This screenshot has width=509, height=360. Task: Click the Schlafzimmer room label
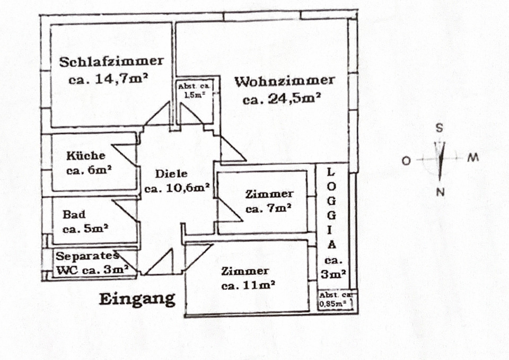click(111, 62)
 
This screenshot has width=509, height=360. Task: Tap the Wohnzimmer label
click(285, 81)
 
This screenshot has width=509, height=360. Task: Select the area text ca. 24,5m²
click(283, 99)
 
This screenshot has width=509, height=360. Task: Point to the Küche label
click(86, 156)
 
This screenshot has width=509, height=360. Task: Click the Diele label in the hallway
click(171, 173)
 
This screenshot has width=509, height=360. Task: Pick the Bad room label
click(74, 215)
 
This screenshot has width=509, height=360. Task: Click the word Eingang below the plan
click(137, 299)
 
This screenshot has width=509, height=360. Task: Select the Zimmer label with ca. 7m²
click(269, 194)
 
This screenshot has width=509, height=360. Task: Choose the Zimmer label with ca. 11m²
click(245, 271)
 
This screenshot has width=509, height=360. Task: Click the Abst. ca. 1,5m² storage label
click(195, 91)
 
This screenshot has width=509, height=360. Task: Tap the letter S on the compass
click(439, 128)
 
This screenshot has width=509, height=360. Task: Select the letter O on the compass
click(406, 161)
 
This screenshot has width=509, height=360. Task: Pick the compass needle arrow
click(440, 159)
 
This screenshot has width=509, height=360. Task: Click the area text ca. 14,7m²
click(108, 80)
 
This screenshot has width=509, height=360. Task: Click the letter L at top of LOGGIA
click(331, 172)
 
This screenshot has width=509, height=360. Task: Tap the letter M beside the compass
click(473, 158)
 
